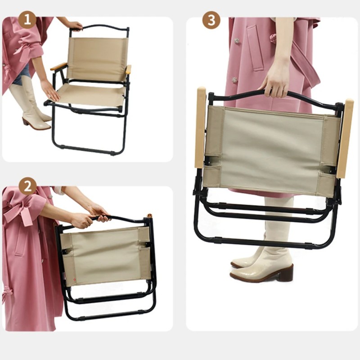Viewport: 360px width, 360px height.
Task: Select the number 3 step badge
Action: click(211, 20)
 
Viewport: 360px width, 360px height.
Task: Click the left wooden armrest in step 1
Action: click(58, 67)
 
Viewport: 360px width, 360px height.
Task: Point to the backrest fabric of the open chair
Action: click(97, 58)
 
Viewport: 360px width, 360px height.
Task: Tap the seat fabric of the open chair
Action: click(92, 94)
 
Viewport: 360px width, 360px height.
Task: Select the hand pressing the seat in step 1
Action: click(49, 90)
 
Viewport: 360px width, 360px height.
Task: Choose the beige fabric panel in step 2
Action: click(106, 256)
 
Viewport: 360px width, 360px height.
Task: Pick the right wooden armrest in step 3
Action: click(346, 138)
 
